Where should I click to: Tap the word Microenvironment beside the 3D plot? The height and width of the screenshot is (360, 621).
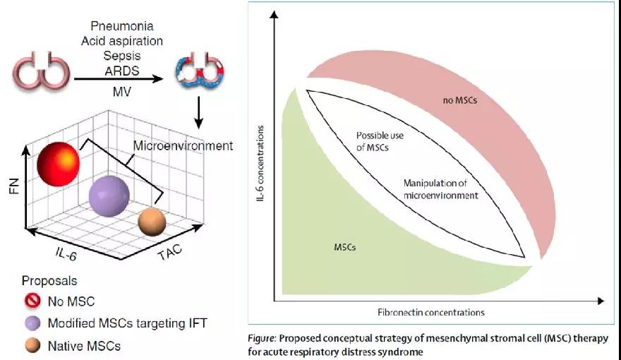click(183, 146)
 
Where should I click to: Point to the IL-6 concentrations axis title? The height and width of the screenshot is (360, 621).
click(263, 171)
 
